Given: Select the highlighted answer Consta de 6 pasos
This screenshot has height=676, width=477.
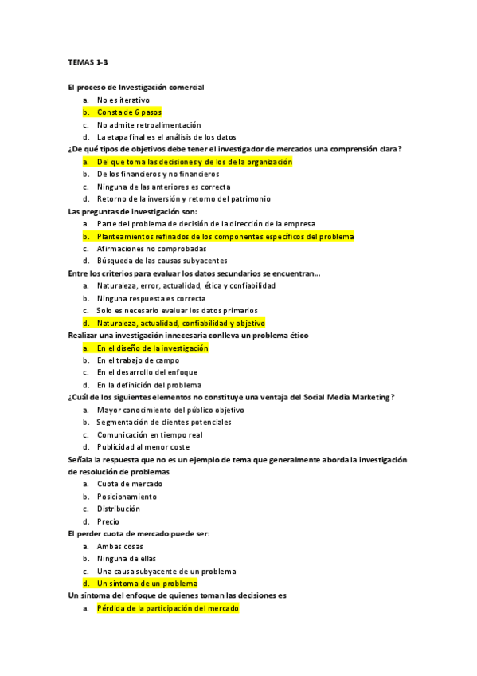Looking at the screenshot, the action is tap(129, 112).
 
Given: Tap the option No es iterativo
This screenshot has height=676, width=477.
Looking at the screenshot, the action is tap(123, 100).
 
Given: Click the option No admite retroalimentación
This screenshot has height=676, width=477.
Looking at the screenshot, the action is tap(149, 124).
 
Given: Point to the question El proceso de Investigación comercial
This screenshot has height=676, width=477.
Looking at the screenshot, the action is tap(136, 87).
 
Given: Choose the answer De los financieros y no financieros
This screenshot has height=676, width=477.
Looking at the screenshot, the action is tap(158, 174).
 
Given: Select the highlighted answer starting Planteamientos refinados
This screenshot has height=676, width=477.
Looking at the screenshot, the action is tap(225, 237).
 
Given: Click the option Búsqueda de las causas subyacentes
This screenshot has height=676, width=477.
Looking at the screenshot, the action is tap(162, 261).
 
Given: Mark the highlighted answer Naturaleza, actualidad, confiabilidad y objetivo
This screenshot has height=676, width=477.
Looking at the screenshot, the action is tap(181, 323).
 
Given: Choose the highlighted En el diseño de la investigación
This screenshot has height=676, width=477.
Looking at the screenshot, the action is tap(152, 348).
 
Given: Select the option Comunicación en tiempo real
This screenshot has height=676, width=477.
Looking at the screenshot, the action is tap(150, 434).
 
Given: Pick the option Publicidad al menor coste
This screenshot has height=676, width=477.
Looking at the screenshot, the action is tap(143, 447).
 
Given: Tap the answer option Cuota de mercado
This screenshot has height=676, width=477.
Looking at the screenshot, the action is tap(130, 484).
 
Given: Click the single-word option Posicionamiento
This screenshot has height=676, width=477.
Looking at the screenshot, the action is tap(127, 496).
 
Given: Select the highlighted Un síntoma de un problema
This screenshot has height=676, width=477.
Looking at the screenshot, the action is tap(147, 584).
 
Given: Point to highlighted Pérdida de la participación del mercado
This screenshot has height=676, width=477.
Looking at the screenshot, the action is tap(167, 608).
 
